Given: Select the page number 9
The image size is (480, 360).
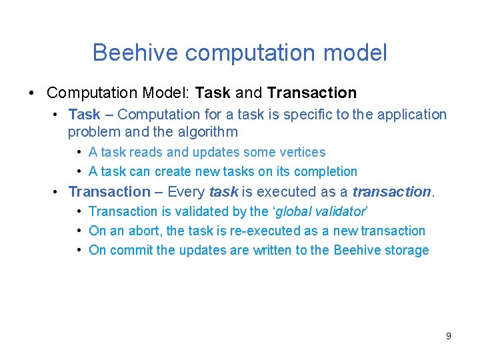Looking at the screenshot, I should coord(448,336).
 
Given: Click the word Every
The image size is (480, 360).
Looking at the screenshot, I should coord(186,192).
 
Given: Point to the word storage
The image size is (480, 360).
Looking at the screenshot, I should coord(407,251).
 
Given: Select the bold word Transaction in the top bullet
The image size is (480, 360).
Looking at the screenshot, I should coord(312,93).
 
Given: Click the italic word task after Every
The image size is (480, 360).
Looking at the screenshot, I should coord(223,192).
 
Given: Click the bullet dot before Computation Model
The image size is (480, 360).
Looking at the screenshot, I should coord(33,93).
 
